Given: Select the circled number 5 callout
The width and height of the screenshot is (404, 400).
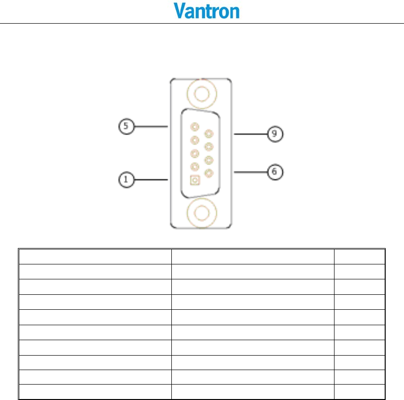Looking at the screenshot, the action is pos(125,127).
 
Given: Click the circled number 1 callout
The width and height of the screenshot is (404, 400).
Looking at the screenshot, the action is pos(125,179).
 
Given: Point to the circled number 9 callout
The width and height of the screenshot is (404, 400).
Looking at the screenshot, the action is pos(275,134).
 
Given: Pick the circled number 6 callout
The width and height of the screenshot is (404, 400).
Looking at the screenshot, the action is pos(275,171).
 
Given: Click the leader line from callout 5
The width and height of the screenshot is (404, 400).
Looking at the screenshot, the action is pos(150,127).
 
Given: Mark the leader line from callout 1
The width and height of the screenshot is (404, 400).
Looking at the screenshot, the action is pos(150,179).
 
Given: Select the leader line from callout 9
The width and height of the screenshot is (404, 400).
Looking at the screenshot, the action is pos(251,134).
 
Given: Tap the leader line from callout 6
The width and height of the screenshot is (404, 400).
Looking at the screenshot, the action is pos(251,171).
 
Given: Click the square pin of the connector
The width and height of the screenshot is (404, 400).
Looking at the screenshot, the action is pos(195,180).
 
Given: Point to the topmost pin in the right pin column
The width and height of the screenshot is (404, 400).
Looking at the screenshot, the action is pos(209,134).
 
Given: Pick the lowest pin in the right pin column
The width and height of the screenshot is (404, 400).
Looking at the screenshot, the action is pos(209,173).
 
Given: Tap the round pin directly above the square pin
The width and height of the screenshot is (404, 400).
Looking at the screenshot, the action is pos(195,167).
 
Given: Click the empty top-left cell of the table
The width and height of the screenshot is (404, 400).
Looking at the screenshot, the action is pos(95,256).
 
